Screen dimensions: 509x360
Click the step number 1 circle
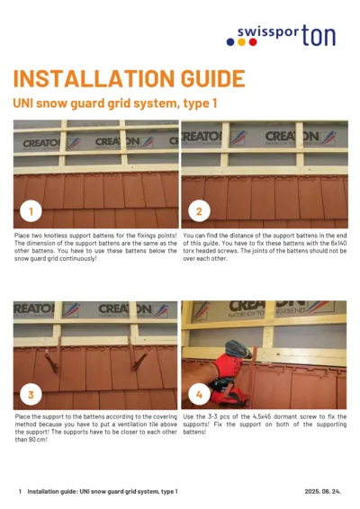tap(31, 212)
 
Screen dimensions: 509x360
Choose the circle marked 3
tap(31, 394)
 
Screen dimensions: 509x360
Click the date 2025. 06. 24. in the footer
tap(322, 492)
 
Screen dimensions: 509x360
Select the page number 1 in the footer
tap(20, 492)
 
